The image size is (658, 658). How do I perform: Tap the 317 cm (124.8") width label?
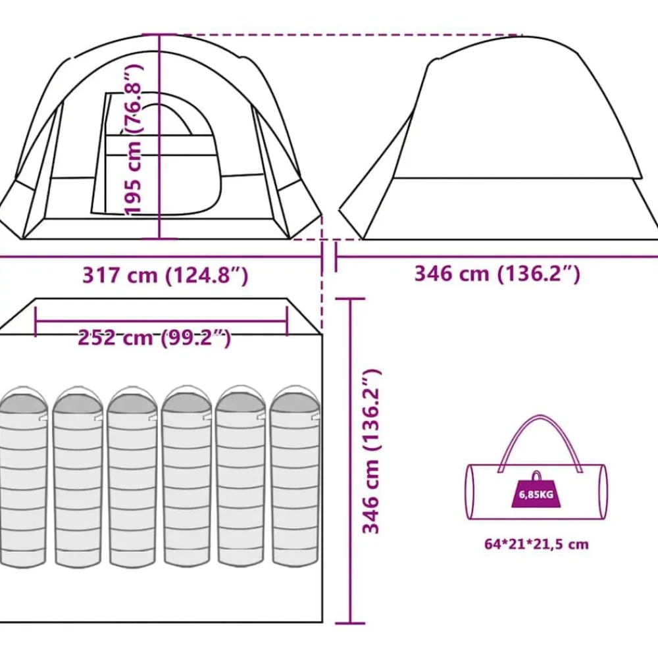pos(165,276)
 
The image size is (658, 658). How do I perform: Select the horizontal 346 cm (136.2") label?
pos(497,274)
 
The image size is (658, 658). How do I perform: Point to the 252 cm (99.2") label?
pos(155,338)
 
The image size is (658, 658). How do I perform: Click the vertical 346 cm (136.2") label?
pos(371,452)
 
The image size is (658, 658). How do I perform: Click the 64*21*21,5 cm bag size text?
pos(536,544)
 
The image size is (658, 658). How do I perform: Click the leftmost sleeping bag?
pos(23,477)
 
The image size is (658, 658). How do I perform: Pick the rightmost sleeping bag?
pos(295,476)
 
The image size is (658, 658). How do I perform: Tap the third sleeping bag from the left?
pos(133,477)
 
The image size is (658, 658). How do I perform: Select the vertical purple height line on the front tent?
pos(159,137)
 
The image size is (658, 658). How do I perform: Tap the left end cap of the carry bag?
pos(471,492)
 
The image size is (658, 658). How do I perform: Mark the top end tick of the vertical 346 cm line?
pos(351,299)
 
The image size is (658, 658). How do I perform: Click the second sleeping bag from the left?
pos(78,477)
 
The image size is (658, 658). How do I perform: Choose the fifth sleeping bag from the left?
pos(241,476)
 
